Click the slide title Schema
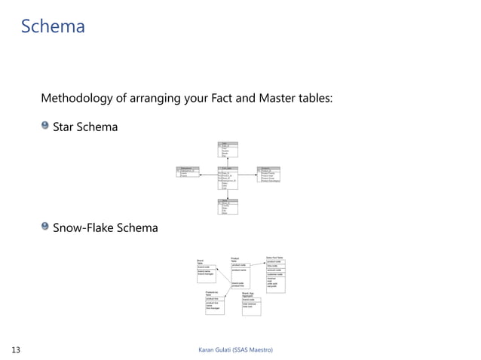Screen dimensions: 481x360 (x=53, y=27)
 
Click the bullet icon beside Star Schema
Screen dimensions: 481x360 (x=45, y=126)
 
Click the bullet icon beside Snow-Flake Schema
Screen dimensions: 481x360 (x=45, y=226)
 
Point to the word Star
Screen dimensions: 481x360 (x=65, y=127)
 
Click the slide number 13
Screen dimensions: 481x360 (x=16, y=349)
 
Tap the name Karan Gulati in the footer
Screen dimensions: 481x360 (x=213, y=349)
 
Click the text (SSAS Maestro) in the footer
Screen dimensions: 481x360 (x=252, y=349)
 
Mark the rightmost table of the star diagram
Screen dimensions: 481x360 (x=269, y=174)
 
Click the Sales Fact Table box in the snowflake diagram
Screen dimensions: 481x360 (x=275, y=276)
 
